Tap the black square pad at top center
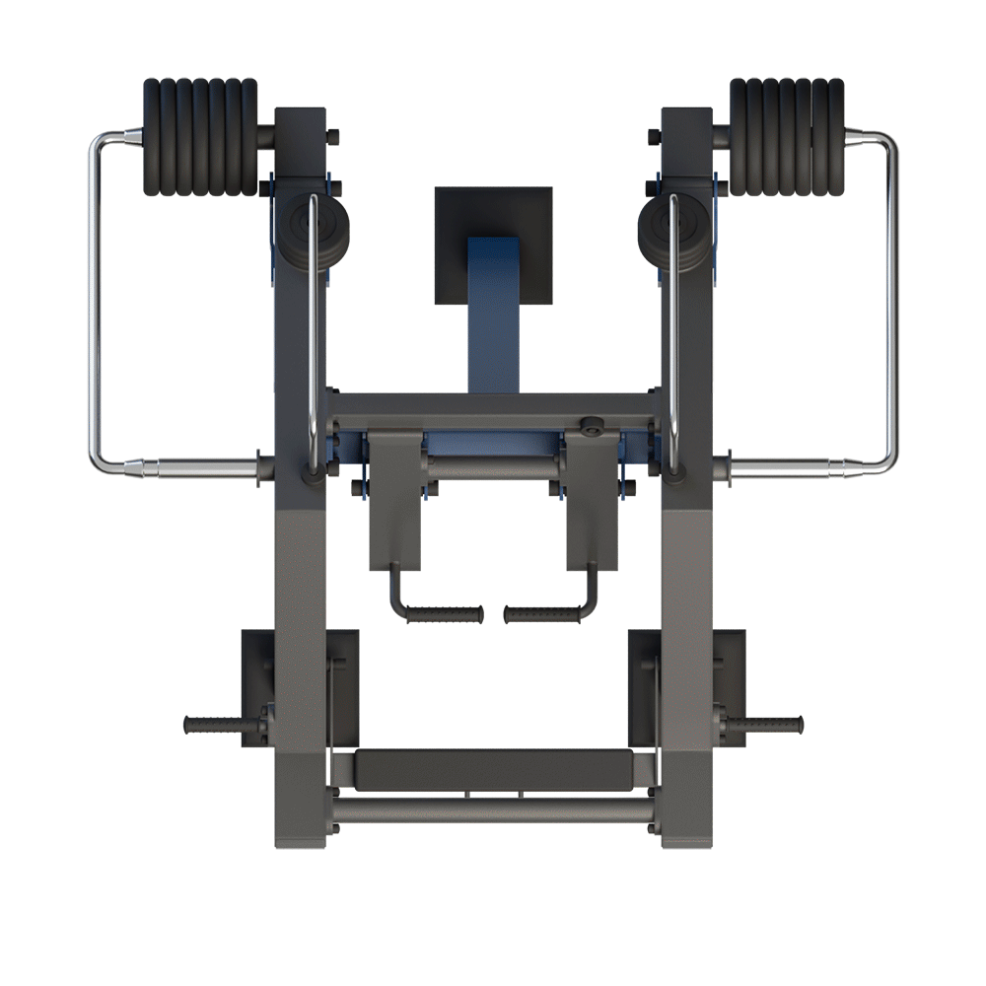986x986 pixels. point(493,212)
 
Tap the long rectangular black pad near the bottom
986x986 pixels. point(493,769)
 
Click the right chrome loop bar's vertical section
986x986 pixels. point(893,296)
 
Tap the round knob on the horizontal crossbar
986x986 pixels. point(592,427)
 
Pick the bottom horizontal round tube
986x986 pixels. point(493,810)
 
